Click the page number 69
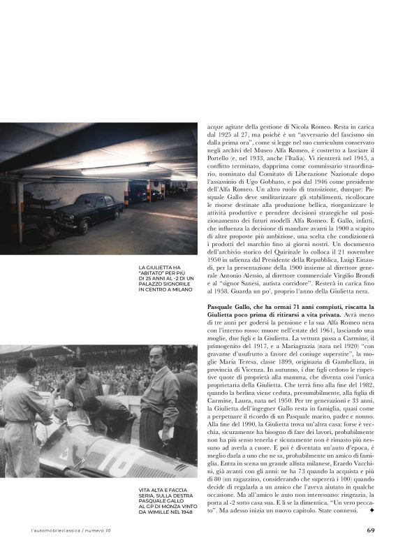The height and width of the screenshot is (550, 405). tap(371, 530)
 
